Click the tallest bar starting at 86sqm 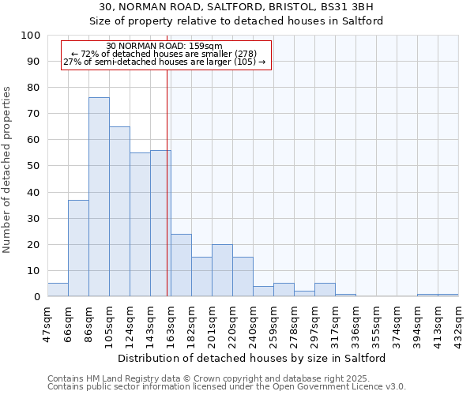(99, 197)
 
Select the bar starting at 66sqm (78, 248)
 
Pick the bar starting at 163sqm (181, 265)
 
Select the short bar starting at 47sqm (58, 289)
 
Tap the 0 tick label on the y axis (37, 296)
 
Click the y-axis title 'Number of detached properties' (8, 171)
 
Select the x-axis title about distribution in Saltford (252, 358)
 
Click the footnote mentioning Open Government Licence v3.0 (227, 387)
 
